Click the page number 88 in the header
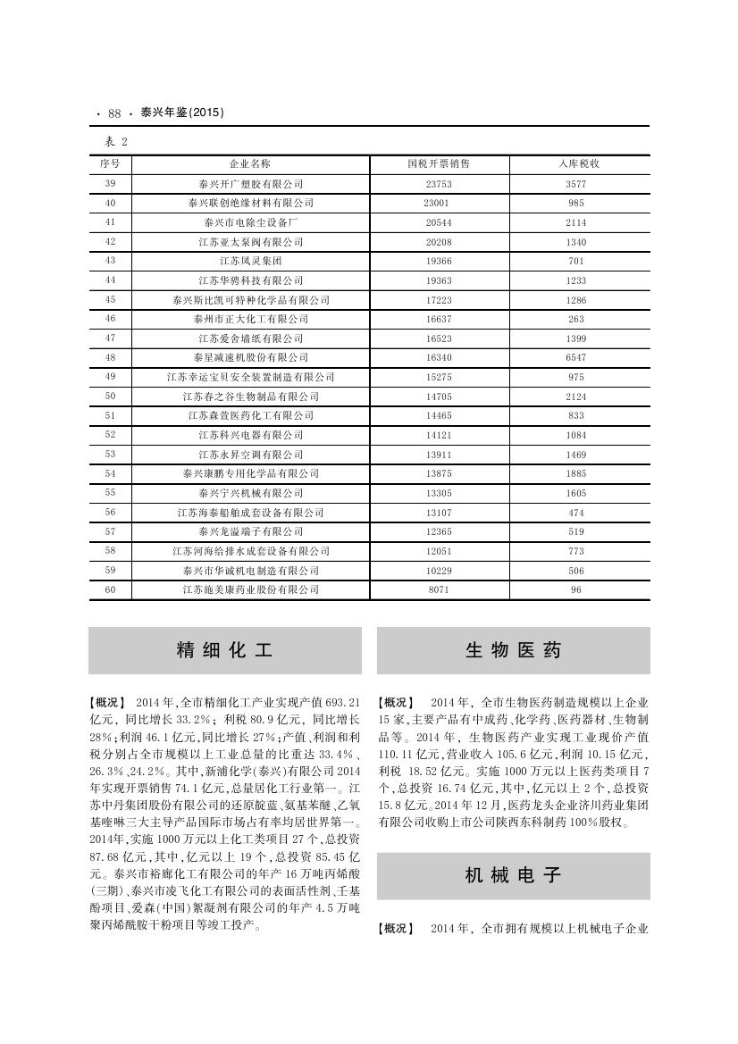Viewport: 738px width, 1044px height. click(x=114, y=113)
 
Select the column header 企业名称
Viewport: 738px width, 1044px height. click(x=250, y=164)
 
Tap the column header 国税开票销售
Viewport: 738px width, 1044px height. click(x=438, y=164)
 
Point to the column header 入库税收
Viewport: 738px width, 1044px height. click(x=575, y=164)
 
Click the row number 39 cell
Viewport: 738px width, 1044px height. click(x=111, y=183)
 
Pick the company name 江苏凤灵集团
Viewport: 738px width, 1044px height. click(x=250, y=261)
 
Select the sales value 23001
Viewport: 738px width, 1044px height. click(x=438, y=203)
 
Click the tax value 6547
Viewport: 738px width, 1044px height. click(x=575, y=357)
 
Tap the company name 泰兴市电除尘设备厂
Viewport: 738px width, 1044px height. click(x=250, y=222)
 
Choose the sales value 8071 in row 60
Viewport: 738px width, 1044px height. click(x=438, y=589)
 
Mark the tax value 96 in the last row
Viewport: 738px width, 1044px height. click(x=575, y=589)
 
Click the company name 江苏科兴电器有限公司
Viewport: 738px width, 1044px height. click(x=250, y=435)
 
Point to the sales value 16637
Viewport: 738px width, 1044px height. click(x=438, y=319)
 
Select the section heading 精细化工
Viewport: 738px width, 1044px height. click(x=224, y=650)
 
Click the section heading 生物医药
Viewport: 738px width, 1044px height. click(x=513, y=650)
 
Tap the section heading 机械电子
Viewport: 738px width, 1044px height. click(x=513, y=875)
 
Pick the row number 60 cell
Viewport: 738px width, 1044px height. click(x=111, y=589)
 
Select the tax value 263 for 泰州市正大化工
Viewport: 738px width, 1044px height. click(x=575, y=319)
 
